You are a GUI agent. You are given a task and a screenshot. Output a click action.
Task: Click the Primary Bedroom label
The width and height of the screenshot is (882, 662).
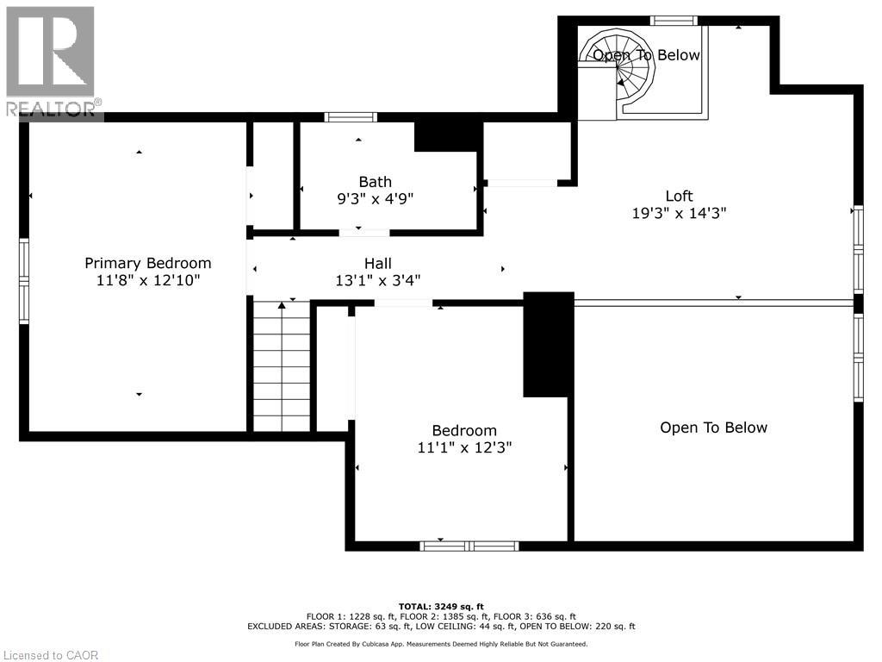coord(147,263)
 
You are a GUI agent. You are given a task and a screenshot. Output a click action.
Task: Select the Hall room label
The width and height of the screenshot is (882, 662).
coord(377,264)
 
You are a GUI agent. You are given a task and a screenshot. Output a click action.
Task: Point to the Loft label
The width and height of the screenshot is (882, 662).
coord(679,196)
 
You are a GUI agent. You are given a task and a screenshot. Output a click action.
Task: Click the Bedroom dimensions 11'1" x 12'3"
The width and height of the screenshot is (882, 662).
coord(464,447)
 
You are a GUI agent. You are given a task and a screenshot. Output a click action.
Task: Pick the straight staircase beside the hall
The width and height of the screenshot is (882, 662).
coord(281,366)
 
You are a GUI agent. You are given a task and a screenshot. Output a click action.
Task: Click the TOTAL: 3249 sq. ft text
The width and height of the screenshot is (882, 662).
coord(440,606)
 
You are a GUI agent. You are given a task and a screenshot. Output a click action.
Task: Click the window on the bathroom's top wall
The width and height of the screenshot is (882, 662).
coord(351,117)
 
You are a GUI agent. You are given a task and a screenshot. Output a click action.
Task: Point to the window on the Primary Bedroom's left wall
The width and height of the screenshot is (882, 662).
coord(24,281)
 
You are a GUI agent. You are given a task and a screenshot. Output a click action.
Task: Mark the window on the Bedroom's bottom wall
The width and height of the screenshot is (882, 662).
coord(469,546)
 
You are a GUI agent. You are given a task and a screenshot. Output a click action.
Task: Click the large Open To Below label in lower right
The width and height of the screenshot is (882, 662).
coord(713,428)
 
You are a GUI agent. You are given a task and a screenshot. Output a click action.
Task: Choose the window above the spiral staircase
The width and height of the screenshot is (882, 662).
coord(673,20)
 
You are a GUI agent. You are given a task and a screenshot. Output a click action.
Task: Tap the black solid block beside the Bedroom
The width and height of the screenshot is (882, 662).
coord(548,345)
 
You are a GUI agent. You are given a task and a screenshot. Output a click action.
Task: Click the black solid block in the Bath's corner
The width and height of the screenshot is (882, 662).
coord(448,136)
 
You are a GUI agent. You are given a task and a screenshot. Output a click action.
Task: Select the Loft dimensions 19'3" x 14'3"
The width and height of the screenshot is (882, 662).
coord(679,213)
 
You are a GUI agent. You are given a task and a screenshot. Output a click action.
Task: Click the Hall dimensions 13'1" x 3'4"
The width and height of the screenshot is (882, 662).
coord(377,280)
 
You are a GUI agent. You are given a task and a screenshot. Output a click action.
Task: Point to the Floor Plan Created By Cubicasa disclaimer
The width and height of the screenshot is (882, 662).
coord(440,644)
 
